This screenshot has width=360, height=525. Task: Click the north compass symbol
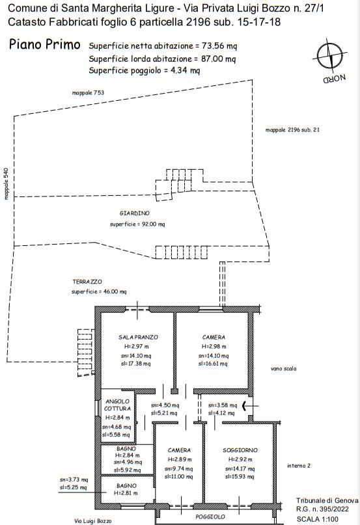click(330, 56)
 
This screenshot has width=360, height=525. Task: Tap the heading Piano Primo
click(44, 44)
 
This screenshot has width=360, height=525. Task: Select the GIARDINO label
click(134, 213)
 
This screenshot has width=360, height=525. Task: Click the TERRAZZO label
click(87, 282)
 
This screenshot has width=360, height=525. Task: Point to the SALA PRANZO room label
click(138, 337)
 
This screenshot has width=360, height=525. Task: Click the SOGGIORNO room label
click(240, 450)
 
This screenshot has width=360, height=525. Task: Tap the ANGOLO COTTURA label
click(117, 405)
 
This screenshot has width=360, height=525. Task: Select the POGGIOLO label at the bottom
click(210, 517)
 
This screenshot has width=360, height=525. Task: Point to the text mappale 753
click(88, 93)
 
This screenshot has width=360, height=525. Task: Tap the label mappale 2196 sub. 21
click(292, 130)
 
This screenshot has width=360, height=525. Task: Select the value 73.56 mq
click(219, 46)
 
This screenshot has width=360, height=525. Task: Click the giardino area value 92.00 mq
click(153, 224)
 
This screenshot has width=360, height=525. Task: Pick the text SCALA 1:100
click(318, 519)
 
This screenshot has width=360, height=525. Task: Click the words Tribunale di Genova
click(327, 500)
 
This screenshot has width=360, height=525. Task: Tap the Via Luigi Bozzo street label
click(93, 521)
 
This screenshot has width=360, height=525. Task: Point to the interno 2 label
click(299, 465)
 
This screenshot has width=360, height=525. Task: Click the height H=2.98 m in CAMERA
click(214, 347)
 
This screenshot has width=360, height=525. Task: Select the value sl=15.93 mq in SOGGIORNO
click(240, 477)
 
